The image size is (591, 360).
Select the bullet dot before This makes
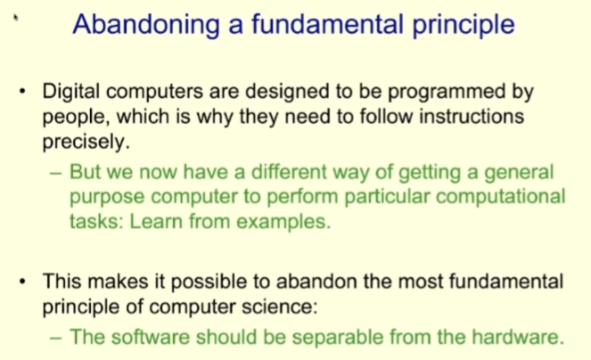tap(23, 282)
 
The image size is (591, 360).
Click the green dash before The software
tap(56, 337)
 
